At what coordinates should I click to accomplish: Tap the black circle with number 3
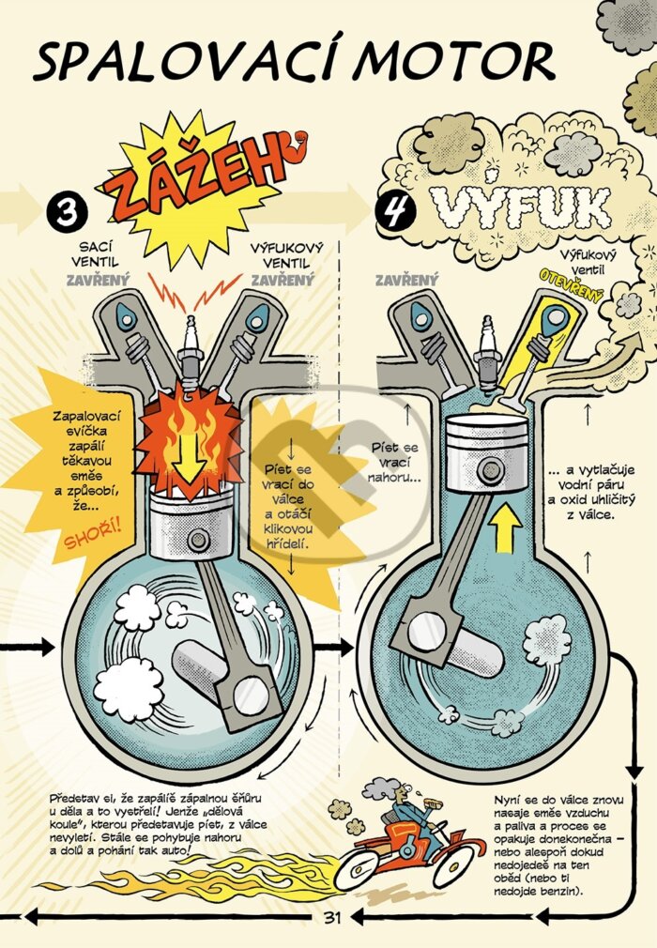click(66, 212)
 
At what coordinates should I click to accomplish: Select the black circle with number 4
click(396, 211)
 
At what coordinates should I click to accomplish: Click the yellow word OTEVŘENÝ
click(572, 285)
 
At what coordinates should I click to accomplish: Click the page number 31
click(332, 917)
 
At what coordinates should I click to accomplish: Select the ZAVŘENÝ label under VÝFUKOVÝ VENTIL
click(283, 280)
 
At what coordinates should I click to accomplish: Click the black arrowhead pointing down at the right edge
click(634, 771)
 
